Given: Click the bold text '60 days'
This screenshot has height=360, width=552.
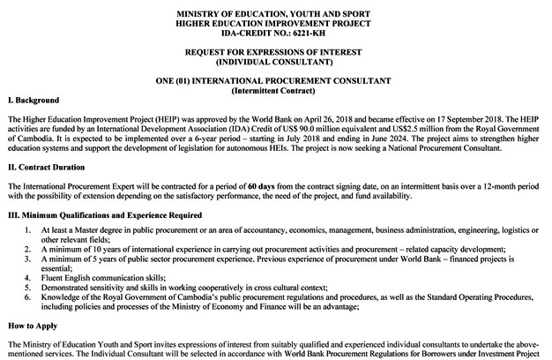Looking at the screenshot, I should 264,187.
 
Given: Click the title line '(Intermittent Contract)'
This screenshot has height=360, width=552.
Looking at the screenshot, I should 276,91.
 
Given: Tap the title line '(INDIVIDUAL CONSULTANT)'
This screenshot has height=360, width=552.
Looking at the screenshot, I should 276,63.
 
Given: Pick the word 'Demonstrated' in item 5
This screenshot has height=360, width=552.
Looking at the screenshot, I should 68,287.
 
